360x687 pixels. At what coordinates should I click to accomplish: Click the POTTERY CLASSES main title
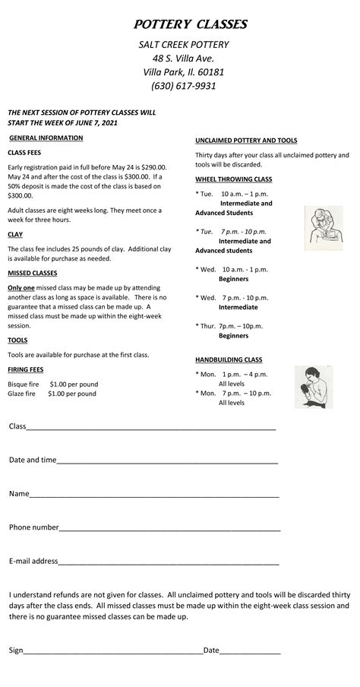(x=191, y=25)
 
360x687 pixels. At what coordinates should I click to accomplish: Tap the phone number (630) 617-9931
(x=183, y=86)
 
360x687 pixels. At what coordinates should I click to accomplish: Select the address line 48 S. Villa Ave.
(x=183, y=59)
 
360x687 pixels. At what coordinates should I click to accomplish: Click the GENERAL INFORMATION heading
(x=46, y=138)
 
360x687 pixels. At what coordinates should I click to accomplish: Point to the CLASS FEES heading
(x=24, y=153)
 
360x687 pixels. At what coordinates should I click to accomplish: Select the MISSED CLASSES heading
(x=32, y=273)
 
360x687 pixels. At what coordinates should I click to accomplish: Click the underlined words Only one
(x=21, y=288)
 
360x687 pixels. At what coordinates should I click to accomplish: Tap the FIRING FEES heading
(x=25, y=369)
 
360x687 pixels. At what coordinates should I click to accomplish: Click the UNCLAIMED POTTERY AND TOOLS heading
(x=246, y=141)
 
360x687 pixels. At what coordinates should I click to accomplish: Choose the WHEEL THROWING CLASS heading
(x=233, y=179)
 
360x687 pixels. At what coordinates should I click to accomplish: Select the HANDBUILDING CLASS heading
(x=229, y=359)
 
